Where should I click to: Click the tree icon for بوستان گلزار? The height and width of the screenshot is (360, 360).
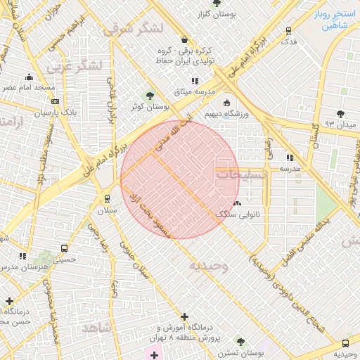[x=215, y=4]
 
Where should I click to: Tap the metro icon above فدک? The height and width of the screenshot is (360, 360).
[x=288, y=31]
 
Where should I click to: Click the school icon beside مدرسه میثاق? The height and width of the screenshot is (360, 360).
[x=195, y=82]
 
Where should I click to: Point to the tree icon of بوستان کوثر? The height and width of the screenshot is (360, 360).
[x=148, y=96]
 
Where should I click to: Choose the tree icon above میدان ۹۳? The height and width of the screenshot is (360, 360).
[x=341, y=114]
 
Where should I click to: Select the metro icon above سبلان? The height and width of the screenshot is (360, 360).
[x=107, y=199]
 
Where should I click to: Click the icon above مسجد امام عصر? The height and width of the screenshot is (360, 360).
[x=29, y=77]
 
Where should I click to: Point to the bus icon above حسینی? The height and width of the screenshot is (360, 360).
[x=65, y=248]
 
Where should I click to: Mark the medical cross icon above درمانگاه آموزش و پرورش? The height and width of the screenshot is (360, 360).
[x=184, y=317]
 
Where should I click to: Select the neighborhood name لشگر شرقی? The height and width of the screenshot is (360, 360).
[x=131, y=28]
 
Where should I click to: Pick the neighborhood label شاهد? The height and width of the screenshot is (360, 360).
[x=96, y=328]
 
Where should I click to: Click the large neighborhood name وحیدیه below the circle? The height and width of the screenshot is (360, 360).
[x=208, y=266]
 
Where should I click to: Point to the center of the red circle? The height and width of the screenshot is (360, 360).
[x=180, y=179]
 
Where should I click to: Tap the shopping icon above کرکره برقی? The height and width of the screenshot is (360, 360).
[x=184, y=39]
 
